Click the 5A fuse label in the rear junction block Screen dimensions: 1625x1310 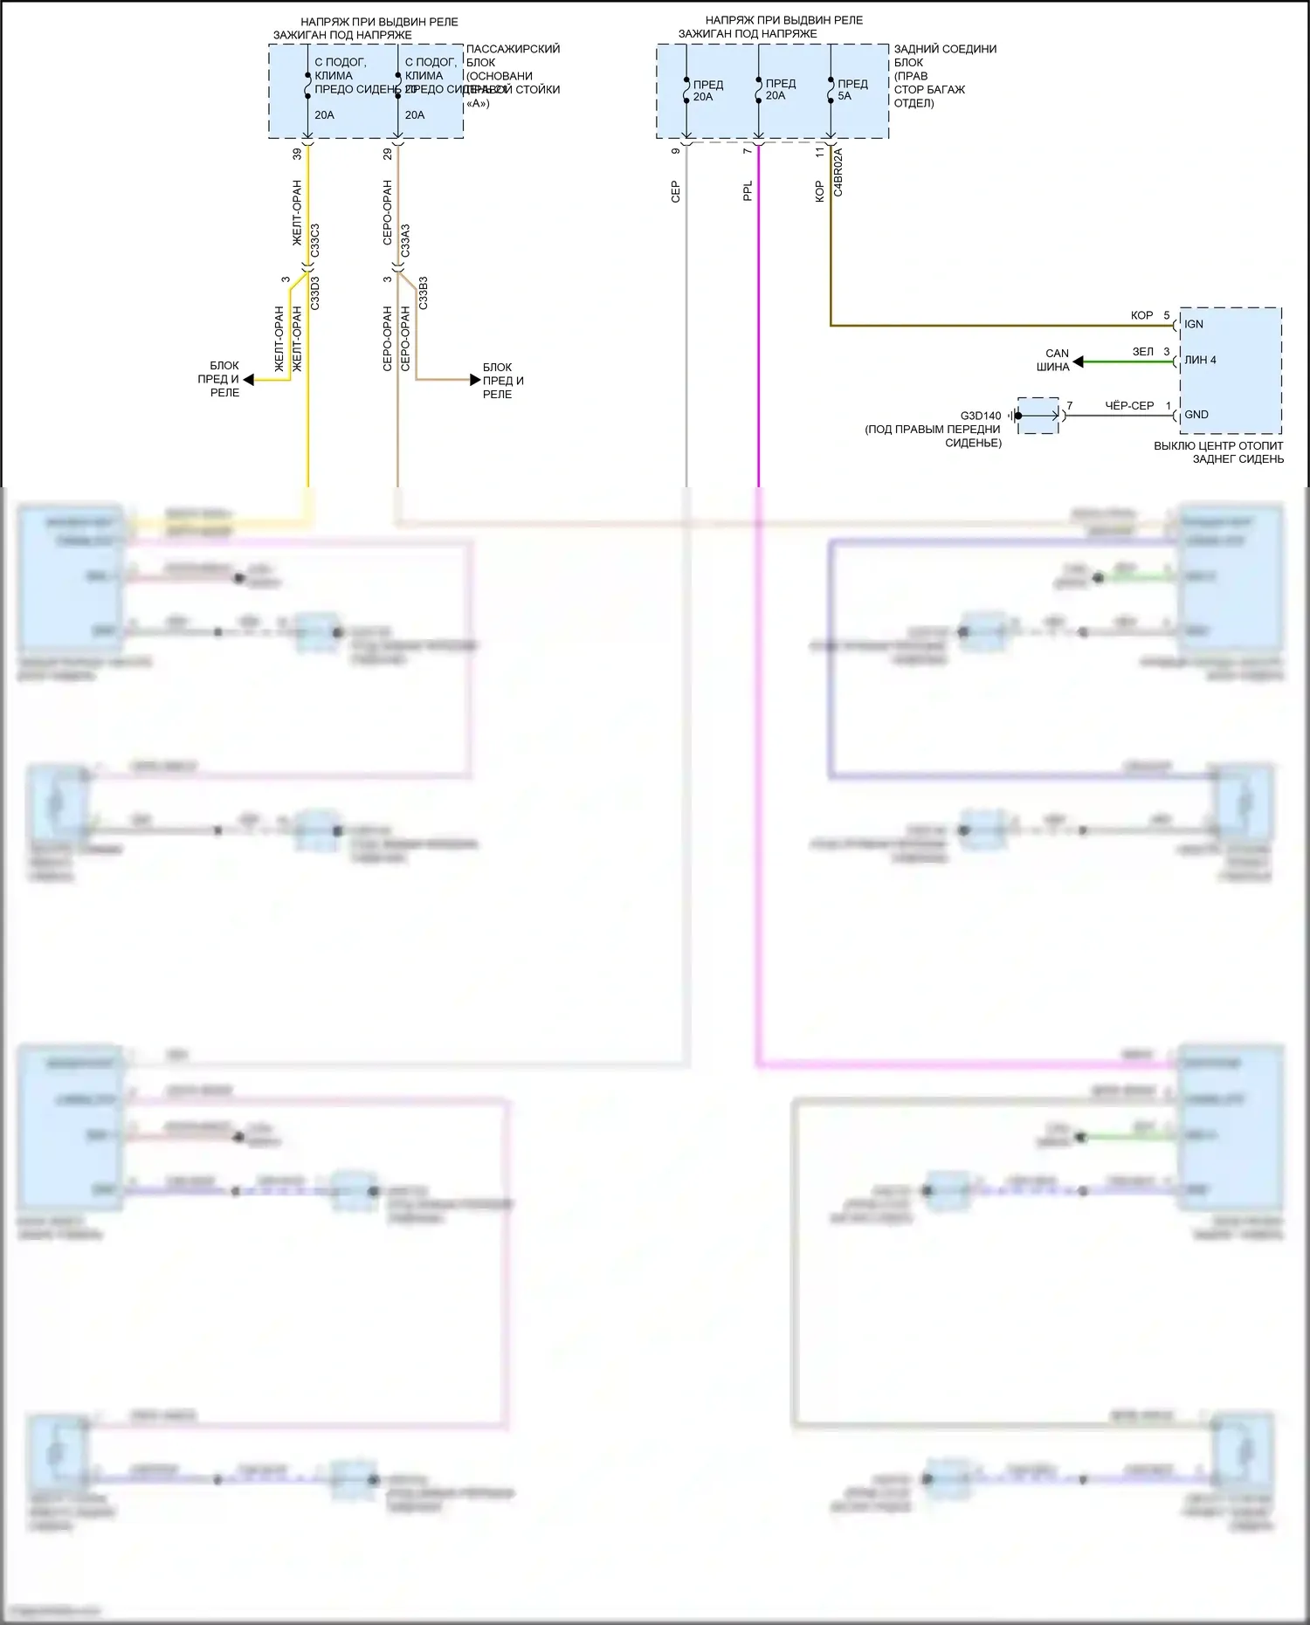tap(845, 96)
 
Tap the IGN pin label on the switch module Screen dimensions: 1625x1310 tap(1194, 324)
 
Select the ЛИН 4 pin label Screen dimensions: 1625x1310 tap(1200, 360)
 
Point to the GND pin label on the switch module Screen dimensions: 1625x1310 tap(1196, 415)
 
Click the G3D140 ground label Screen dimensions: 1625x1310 tap(981, 416)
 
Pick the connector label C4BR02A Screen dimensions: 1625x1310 tap(838, 172)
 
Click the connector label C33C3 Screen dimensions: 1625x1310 tap(315, 241)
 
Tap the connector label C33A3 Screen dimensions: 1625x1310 tap(405, 241)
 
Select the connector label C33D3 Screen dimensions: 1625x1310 tap(315, 293)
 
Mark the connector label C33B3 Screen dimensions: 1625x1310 tap(424, 293)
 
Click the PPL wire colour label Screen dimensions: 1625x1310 tap(748, 191)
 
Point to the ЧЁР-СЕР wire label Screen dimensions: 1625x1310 tap(1129, 406)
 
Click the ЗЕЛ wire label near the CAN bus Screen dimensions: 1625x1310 tap(1142, 352)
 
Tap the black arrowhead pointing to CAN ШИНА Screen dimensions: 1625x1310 tap(1079, 361)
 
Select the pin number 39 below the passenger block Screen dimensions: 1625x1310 tap(297, 154)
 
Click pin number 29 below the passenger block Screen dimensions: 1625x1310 tap(388, 154)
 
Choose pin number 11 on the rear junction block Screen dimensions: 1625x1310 tap(819, 152)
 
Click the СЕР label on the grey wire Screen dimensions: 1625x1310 tap(675, 192)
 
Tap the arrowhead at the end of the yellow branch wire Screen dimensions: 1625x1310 tap(249, 380)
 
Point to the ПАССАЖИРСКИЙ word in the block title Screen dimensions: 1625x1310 tap(513, 49)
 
